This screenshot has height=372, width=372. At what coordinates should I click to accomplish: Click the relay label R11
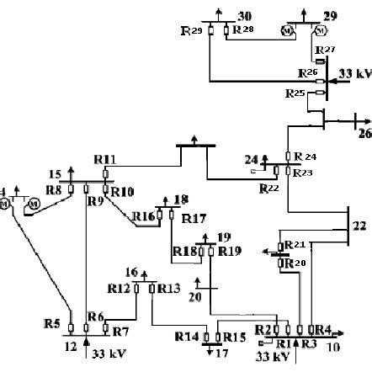point(106,158)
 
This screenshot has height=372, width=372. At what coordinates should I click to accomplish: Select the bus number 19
point(223,236)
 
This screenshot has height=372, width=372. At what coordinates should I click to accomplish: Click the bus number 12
point(71,345)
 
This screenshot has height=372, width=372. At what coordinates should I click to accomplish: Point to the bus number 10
point(335,346)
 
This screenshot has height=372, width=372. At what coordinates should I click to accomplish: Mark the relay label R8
point(53,190)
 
